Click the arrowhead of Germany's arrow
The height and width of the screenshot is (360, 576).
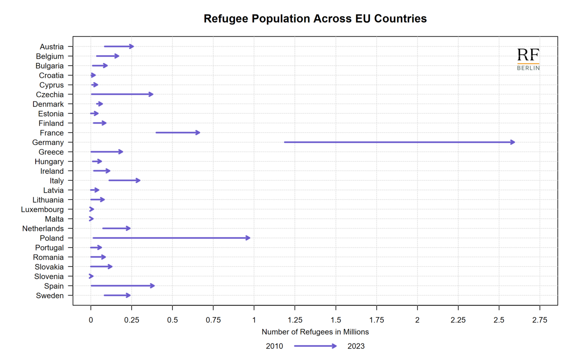coord(513,142)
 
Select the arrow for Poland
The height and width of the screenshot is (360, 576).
coord(171,238)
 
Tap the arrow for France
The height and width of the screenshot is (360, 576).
coord(177,132)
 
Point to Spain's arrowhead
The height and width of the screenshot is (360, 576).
coord(153,286)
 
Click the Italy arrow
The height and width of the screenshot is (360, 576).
coord(124,180)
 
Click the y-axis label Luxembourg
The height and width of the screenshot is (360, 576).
coord(42,210)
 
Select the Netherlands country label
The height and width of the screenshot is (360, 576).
coord(43,229)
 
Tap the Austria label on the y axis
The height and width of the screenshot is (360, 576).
coord(51,47)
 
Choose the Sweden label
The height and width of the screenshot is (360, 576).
coord(50,296)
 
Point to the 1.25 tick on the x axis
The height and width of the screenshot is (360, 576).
coord(295,320)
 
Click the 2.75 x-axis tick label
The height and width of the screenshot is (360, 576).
coord(540,320)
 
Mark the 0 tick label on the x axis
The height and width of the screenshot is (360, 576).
coord(91,320)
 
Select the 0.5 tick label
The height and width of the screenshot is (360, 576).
coord(172,320)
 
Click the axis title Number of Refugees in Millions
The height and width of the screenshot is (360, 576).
coord(315,332)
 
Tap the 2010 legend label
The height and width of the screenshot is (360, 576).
coord(274,346)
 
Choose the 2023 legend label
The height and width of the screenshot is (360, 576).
coord(356,346)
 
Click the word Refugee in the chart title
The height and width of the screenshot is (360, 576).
coord(226,19)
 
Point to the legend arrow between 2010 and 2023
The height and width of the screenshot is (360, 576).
coord(315,346)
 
